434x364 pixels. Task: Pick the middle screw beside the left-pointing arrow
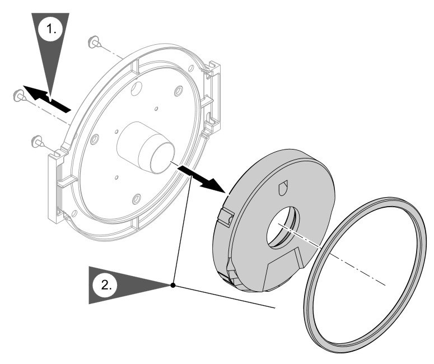(x=18, y=94)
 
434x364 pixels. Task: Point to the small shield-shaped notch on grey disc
(x=283, y=188)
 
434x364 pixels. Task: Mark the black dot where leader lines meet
(x=174, y=285)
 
